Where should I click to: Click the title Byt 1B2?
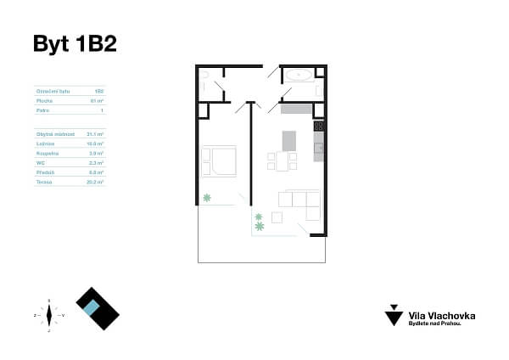click(74, 44)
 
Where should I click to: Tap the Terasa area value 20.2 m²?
click(96, 182)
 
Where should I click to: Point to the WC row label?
click(40, 162)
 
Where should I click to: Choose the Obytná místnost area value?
click(95, 134)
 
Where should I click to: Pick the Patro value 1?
click(101, 110)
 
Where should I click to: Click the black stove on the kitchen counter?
click(319, 127)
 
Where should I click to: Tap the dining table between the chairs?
click(282, 160)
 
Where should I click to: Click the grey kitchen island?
click(288, 139)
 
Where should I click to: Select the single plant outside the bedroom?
click(206, 198)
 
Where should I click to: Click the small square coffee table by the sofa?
click(277, 217)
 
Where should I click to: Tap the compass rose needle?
click(49, 315)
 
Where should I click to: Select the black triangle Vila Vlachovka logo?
click(393, 317)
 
